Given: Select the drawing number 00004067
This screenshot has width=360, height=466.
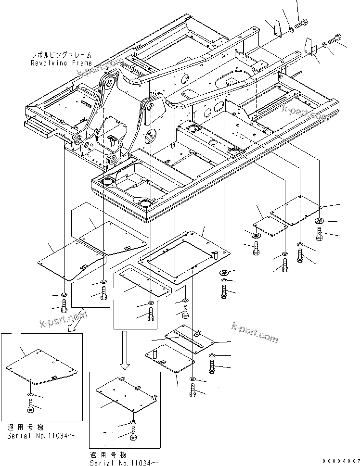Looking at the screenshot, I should [341, 461].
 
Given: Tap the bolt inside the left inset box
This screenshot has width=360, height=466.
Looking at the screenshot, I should [30, 405].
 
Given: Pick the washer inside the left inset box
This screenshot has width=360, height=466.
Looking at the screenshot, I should [30, 394].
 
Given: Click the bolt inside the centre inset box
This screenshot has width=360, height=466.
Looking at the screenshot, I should [133, 434].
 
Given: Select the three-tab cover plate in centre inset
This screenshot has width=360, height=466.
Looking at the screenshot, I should [126, 395].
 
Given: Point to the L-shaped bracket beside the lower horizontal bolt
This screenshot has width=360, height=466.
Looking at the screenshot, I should [310, 49].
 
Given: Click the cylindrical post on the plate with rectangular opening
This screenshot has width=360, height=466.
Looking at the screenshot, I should [216, 255].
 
